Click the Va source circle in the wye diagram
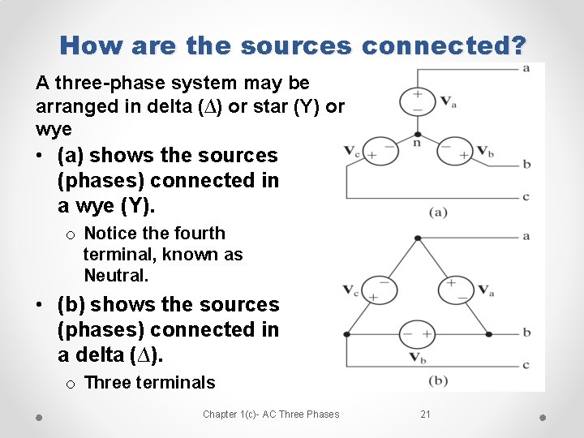coord(417,101)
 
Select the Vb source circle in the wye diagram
coord(455,152)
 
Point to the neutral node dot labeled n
coord(417,135)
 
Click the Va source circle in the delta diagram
coord(455,290)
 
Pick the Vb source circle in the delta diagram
coord(417,333)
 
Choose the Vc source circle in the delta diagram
coord(379,290)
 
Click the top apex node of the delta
coord(417,238)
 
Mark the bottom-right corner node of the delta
coord(489,333)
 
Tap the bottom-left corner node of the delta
coord(346,333)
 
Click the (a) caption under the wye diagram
coord(438,213)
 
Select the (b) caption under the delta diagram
coord(438,380)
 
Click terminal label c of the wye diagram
coord(526,196)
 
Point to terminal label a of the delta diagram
coord(526,236)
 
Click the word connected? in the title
coord(444,45)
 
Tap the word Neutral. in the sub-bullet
coord(116,276)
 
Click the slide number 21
coord(426,414)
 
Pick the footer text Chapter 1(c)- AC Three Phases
coord(271,414)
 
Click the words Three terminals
coord(149,383)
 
